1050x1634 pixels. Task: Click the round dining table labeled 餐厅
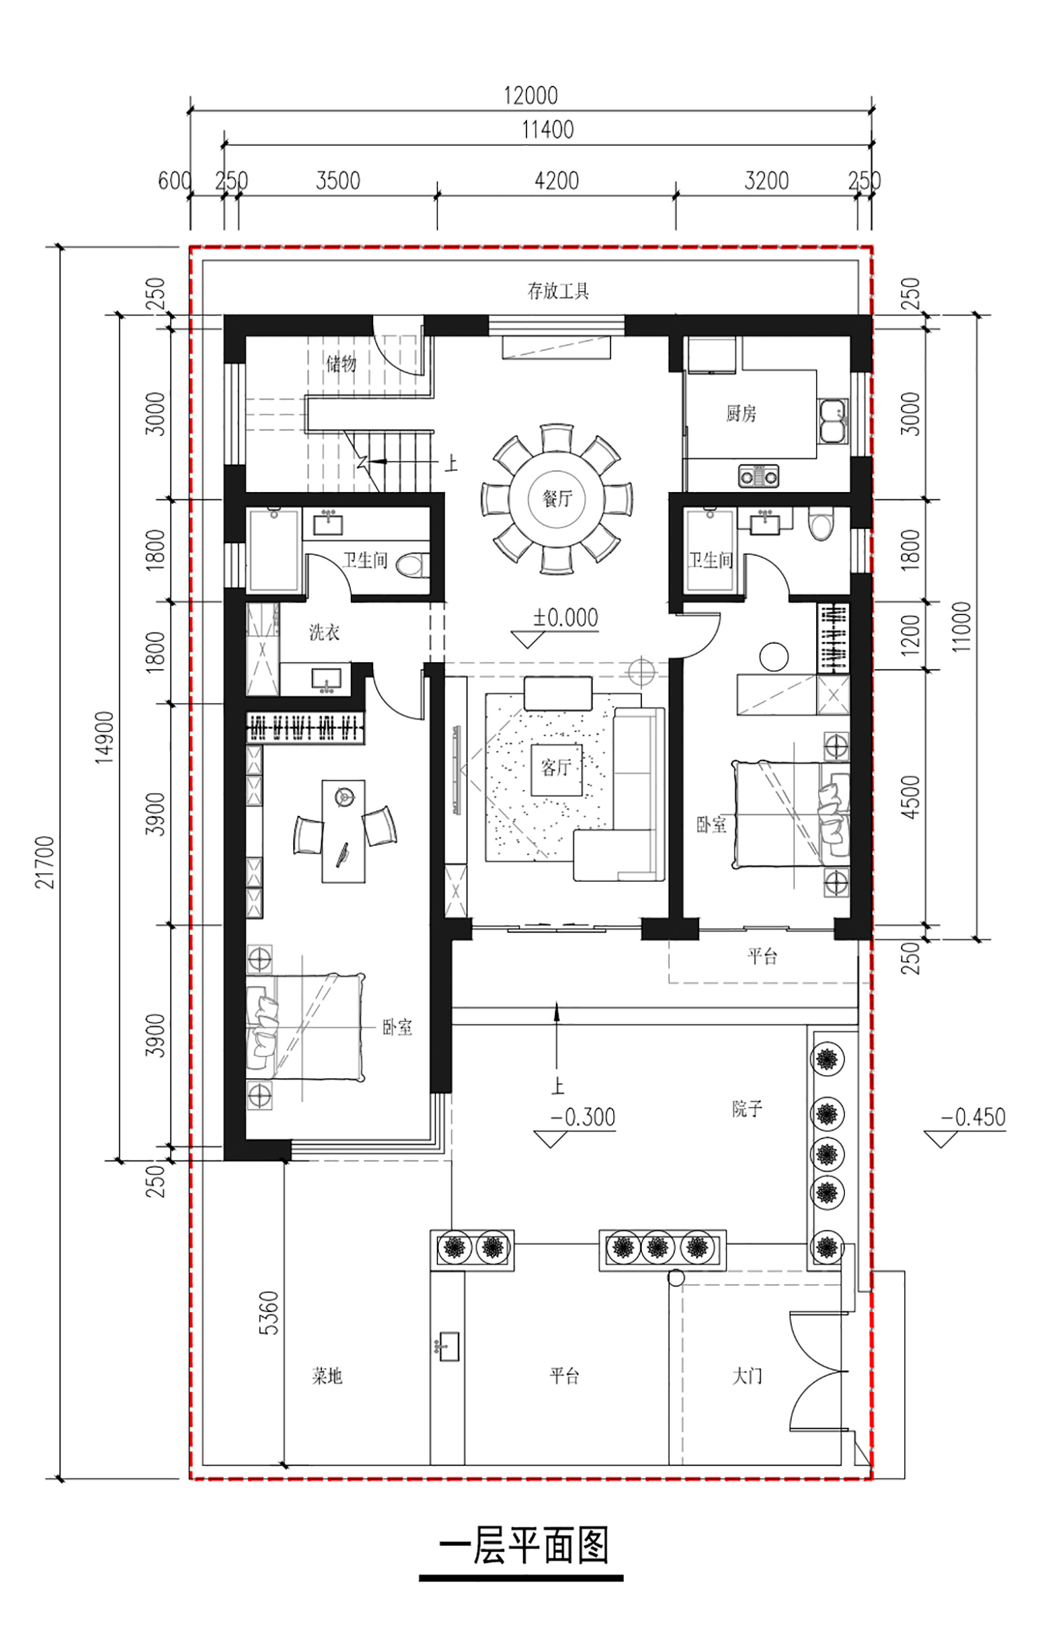tap(556, 498)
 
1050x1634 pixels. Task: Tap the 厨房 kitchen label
tap(741, 414)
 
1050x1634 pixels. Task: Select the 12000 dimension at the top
tap(531, 95)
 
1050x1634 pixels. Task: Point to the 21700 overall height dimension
tap(46, 862)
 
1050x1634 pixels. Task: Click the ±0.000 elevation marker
tap(566, 617)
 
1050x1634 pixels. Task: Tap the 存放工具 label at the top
tap(558, 290)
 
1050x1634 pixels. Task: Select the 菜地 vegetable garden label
tap(327, 1376)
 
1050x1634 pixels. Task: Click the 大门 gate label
tap(746, 1376)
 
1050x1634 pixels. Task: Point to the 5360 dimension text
tap(269, 1313)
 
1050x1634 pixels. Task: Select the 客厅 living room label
tap(556, 768)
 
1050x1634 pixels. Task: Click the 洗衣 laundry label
tap(324, 633)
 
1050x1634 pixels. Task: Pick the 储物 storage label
tap(341, 363)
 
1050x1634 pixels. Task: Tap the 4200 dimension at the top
tap(556, 181)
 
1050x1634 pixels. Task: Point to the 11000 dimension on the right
tap(962, 627)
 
